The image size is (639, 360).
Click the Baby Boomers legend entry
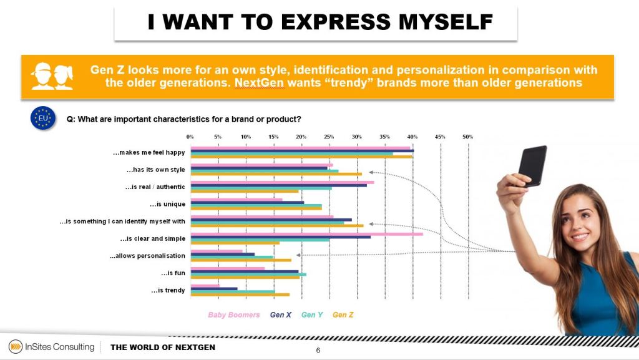234,315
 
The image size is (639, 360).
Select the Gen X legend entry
281,315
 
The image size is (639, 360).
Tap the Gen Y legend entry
312,315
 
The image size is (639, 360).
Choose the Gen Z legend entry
343,315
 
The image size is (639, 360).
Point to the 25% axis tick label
329,137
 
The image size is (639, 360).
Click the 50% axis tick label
467,137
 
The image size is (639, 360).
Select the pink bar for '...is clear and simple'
306,233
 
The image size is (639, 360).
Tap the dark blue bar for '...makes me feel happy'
302,151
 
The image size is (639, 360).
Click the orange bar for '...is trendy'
240,294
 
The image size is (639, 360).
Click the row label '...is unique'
167,204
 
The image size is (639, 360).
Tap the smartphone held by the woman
532,166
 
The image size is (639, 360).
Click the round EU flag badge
43,119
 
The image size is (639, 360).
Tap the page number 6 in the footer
318,351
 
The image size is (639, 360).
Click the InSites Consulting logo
51,347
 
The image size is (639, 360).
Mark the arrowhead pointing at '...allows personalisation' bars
300,255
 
